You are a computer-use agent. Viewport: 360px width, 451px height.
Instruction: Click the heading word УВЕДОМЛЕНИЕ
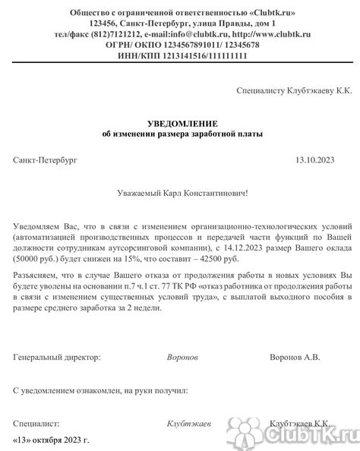pos(183,123)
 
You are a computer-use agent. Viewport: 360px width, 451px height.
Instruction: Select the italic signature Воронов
pos(183,355)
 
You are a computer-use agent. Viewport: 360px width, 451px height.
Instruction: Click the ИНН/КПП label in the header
pos(140,55)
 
